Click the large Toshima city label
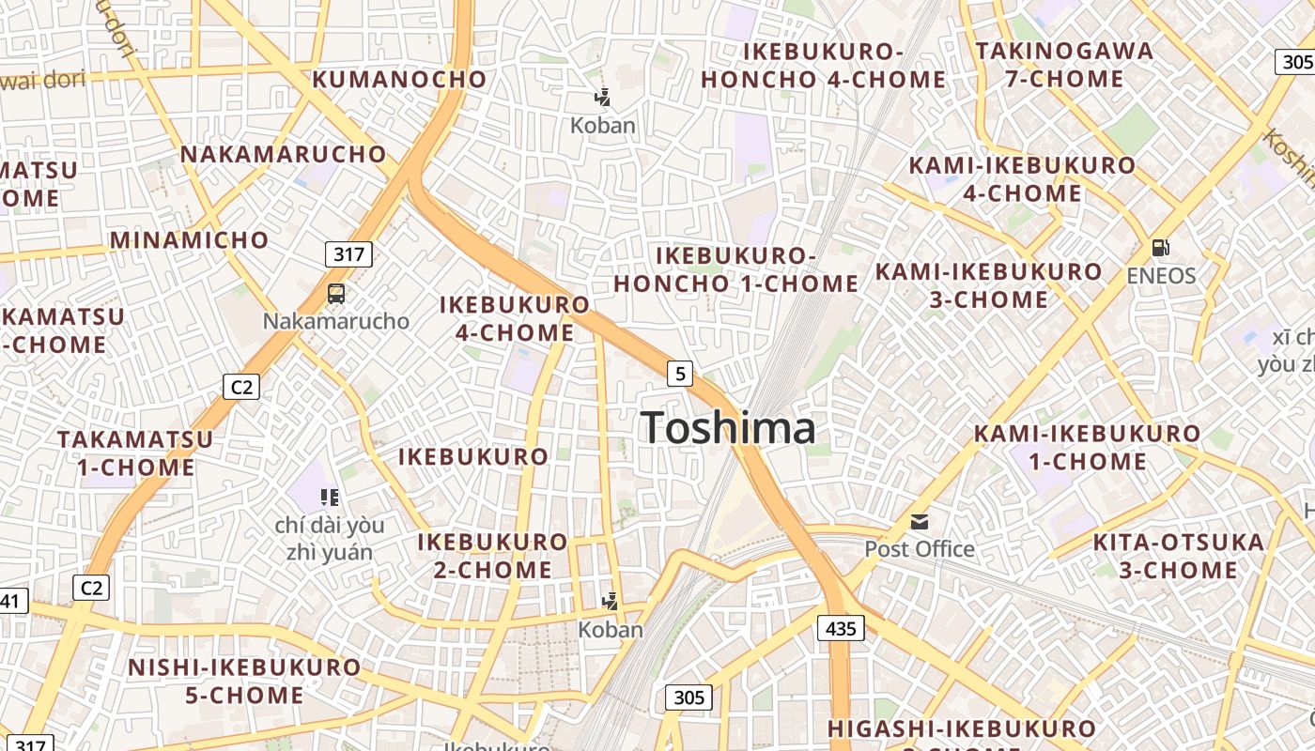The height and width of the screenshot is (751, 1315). pos(729,428)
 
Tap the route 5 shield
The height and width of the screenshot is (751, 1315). pos(680,374)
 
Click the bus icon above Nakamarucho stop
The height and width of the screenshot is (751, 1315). pos(336,294)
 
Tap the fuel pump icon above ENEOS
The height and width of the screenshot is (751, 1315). pos(1161,248)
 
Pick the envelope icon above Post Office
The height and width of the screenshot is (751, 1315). pos(920,521)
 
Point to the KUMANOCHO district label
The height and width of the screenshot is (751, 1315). pos(399,80)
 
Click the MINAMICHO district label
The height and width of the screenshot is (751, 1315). pos(190,240)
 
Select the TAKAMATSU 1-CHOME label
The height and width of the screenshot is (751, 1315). pos(135,452)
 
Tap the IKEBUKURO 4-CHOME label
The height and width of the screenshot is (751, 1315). pos(515,318)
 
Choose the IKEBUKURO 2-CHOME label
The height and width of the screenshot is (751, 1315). pos(493,556)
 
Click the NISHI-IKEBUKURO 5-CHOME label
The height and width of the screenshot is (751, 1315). pos(244,682)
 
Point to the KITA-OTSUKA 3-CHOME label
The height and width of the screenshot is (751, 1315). pos(1179,556)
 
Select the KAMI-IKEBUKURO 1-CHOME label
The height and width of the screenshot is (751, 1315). pos(1087,447)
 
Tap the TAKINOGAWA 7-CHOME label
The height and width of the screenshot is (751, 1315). pos(1064,64)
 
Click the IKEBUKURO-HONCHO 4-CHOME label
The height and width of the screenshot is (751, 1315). pos(823,65)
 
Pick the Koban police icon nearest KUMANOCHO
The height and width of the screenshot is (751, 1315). pos(602,97)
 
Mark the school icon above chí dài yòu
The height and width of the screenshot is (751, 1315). pos(329,497)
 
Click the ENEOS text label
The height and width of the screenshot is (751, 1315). pos(1162,276)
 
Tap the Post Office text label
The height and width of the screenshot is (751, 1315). pos(920,549)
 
